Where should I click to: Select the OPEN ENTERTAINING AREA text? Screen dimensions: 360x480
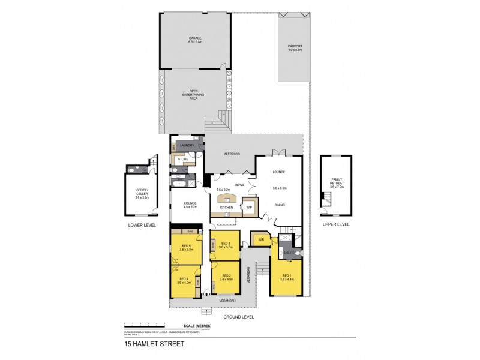pyautogui.click(x=194, y=94)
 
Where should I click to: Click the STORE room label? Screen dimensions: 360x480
pyautogui.click(x=183, y=159)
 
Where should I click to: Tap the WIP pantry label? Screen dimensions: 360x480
pyautogui.click(x=248, y=208)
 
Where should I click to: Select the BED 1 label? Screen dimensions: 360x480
pyautogui.click(x=285, y=275)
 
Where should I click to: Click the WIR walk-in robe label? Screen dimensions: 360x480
pyautogui.click(x=260, y=239)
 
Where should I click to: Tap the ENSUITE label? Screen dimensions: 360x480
pyautogui.click(x=288, y=253)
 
